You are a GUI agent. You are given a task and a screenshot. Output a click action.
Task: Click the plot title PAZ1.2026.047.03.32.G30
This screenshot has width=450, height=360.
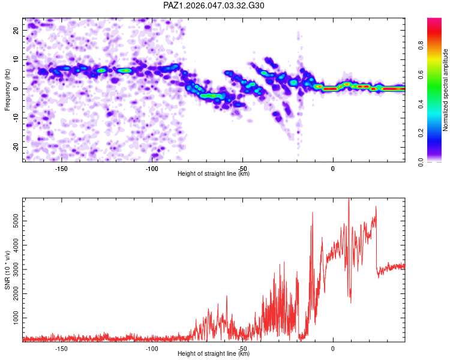click(x=214, y=5)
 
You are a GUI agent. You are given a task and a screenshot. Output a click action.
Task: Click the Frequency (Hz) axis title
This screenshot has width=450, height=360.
click(x=7, y=90)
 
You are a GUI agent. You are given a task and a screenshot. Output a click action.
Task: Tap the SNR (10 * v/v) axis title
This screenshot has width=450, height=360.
click(x=7, y=270)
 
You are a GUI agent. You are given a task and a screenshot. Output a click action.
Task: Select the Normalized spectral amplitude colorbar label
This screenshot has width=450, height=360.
click(x=445, y=90)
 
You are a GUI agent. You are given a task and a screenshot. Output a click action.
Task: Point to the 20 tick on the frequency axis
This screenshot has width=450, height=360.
click(x=16, y=31)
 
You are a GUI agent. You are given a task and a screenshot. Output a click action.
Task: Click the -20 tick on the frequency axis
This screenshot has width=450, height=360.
click(x=16, y=147)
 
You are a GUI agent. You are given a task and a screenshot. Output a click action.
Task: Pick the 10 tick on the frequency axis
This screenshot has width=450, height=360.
click(x=16, y=60)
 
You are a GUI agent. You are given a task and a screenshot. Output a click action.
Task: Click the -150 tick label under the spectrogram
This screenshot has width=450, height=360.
click(x=61, y=169)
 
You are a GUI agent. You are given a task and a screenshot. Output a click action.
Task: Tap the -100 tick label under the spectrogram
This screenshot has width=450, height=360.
click(x=152, y=169)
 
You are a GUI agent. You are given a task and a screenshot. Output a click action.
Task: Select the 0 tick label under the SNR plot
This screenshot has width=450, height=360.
click(x=333, y=349)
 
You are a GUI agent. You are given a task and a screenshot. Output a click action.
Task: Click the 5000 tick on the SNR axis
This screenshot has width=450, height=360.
click(x=16, y=221)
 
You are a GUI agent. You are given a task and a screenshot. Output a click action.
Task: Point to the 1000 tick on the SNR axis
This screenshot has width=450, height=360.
click(x=16, y=318)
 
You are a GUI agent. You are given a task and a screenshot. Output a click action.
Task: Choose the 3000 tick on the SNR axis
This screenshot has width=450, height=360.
click(x=16, y=269)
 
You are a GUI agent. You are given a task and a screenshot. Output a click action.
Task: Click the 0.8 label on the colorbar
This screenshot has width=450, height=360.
click(x=421, y=46)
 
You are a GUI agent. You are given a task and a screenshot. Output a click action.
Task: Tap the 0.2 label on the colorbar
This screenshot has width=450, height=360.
click(x=421, y=133)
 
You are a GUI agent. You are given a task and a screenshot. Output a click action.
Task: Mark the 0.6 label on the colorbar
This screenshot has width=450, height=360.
click(x=421, y=74)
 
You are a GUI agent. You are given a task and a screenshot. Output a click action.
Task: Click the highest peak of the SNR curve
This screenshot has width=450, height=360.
click(x=349, y=199)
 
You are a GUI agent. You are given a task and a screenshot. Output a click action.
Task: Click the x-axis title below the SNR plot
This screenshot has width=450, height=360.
click(x=214, y=353)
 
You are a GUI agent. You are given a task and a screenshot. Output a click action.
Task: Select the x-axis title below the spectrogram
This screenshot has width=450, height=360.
click(x=214, y=173)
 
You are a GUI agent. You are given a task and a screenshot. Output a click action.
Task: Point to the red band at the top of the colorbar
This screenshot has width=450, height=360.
click(x=434, y=32)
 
